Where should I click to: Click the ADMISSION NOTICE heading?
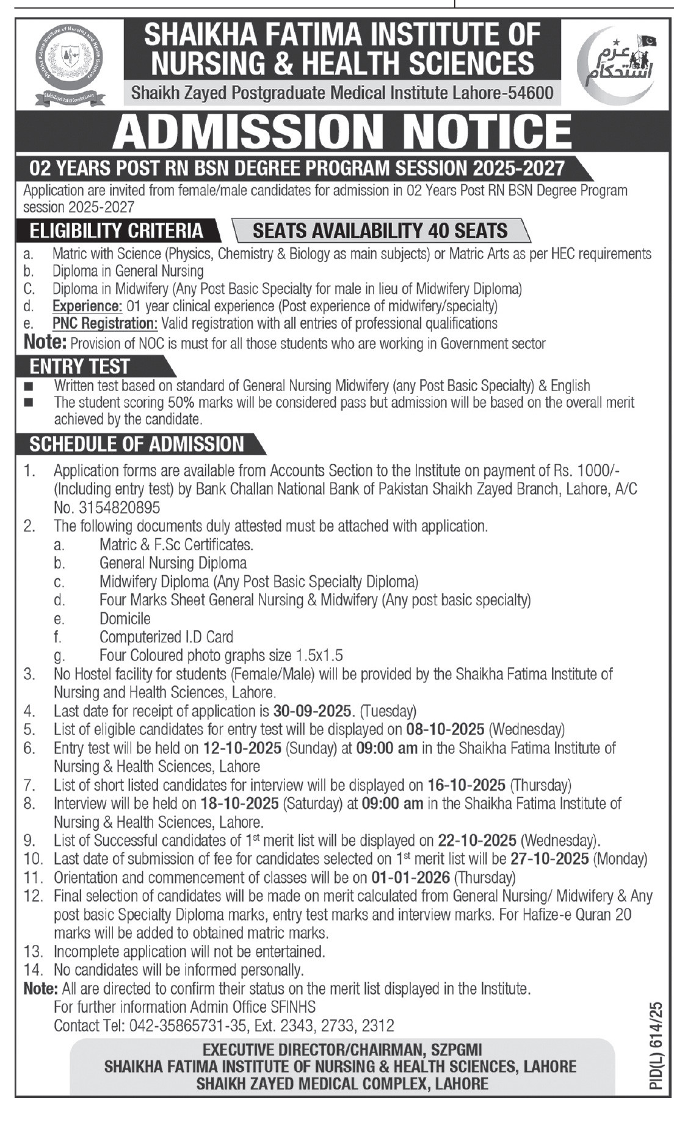pos(342,131)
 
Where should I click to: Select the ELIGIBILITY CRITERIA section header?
pos(117,231)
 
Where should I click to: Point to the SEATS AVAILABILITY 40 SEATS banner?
pos(380,231)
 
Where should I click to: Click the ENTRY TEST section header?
pos(80,366)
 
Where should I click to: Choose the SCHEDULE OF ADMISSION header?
pos(137,444)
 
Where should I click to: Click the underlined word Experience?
pos(87,306)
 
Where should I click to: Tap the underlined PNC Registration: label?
pos(105,323)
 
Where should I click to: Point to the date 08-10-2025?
pos(444,730)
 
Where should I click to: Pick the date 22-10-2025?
pos(477,841)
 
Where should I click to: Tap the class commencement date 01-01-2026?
pos(410,878)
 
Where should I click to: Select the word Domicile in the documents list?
pos(125,619)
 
